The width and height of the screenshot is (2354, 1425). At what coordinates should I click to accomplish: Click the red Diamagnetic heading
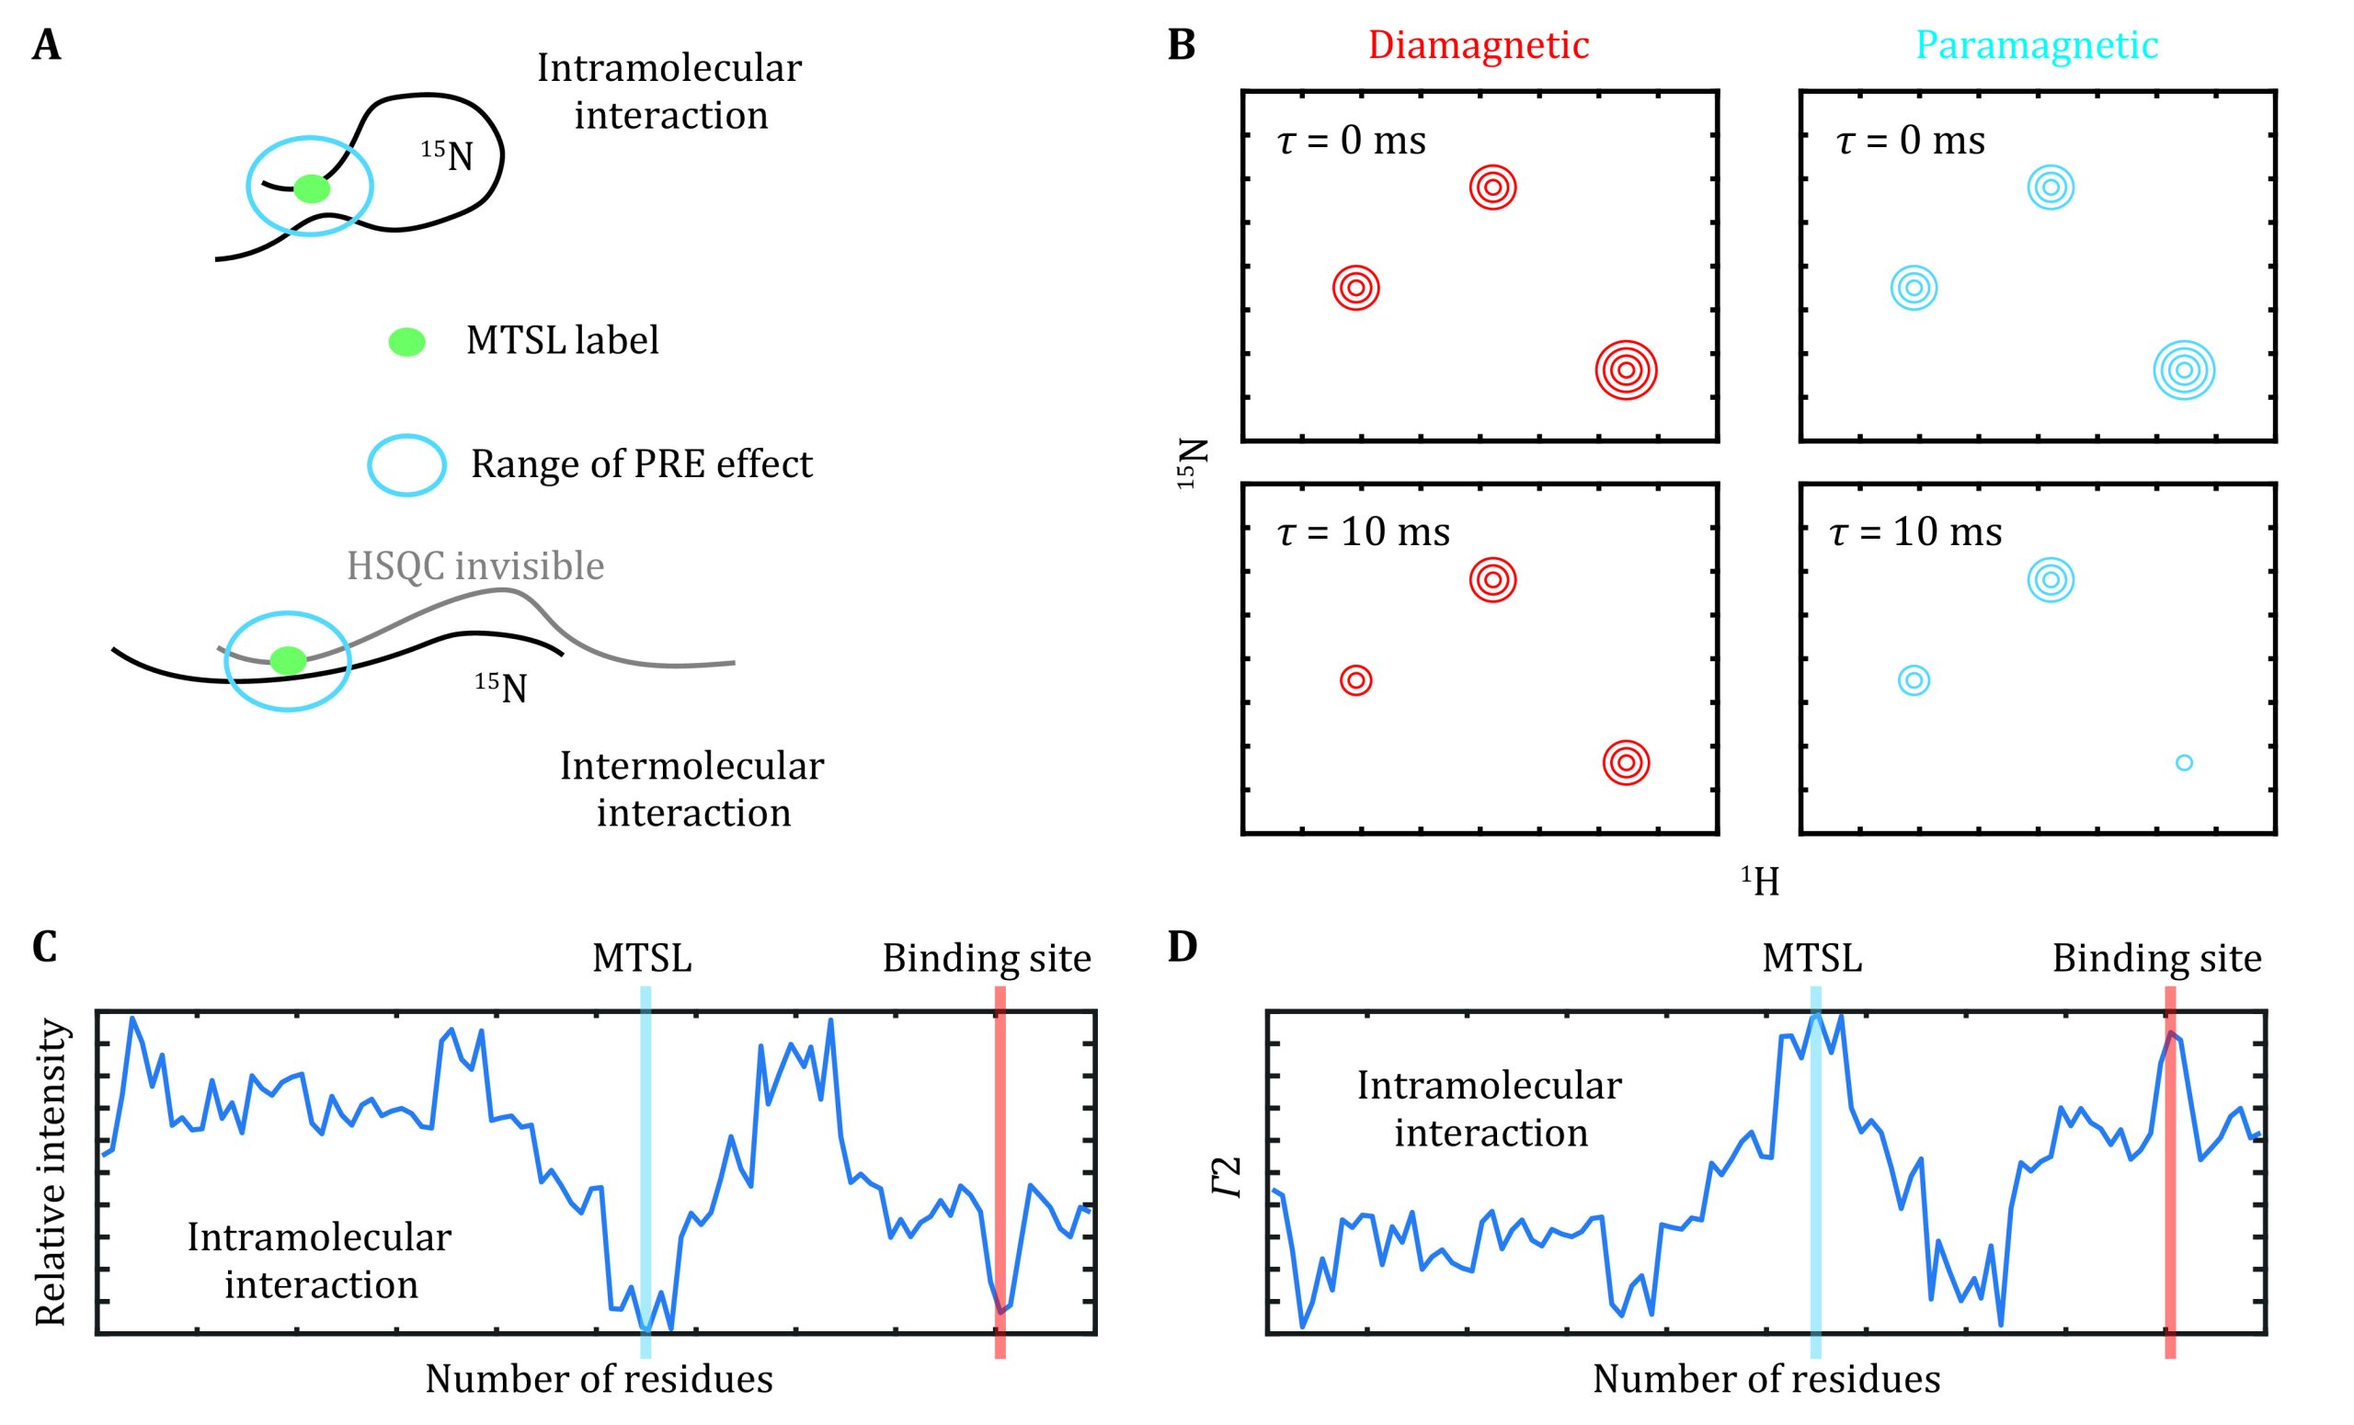coord(1478,45)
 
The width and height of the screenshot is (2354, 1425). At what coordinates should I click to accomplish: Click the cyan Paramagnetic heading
coord(2037,45)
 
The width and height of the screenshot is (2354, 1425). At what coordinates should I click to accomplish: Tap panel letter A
coord(46,45)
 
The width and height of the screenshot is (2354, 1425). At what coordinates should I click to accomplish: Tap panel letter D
coord(1182,948)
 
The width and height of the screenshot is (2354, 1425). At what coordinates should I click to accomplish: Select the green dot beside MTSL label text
coord(407,341)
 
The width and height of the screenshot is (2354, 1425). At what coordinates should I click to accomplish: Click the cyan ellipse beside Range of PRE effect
coord(407,465)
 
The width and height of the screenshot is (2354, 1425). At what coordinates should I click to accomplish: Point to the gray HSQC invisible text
coord(474,565)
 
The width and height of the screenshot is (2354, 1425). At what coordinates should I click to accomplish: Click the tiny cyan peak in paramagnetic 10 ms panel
coord(2183,762)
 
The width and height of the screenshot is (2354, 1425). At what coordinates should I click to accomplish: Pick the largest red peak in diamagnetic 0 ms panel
coord(1626,370)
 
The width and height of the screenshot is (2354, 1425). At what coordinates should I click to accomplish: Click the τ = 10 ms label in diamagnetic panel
coord(1364,531)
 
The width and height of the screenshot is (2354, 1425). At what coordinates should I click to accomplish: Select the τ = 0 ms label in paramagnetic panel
coord(1911,141)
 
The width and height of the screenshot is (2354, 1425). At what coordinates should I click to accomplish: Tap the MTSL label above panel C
coord(642,957)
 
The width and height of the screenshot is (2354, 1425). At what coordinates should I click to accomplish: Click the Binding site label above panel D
coord(2156,957)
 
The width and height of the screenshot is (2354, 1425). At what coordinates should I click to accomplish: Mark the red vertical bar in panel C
coord(1000,1175)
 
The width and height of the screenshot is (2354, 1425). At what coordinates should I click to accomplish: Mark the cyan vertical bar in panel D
coord(1815,1175)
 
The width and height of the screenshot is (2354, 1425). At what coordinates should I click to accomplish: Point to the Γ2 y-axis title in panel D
coord(1229,1177)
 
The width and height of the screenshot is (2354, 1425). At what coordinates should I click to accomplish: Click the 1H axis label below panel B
coord(1760,881)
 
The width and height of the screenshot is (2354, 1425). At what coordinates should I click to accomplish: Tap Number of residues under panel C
coord(599,1379)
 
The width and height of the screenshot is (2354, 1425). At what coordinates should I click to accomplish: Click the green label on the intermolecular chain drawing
coord(288,660)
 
